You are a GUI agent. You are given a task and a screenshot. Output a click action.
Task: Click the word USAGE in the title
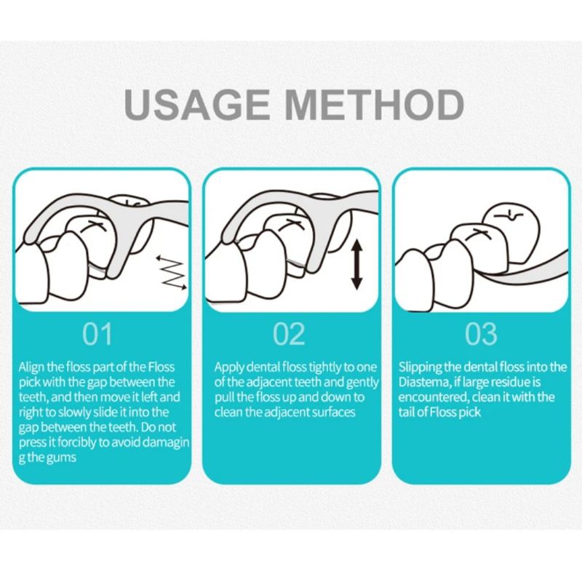point(197,104)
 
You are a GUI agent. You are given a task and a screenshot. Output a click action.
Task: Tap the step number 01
point(97,334)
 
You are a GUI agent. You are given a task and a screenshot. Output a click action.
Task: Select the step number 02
point(289,334)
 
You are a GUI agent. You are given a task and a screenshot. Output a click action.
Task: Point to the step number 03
point(481,334)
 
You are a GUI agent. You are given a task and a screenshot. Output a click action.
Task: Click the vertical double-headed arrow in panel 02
point(356,264)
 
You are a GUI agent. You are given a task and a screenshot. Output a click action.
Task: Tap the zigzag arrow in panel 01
point(172,273)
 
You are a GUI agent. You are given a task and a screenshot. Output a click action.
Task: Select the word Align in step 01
point(31,367)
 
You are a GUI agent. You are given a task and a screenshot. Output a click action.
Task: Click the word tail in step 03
point(406,412)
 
